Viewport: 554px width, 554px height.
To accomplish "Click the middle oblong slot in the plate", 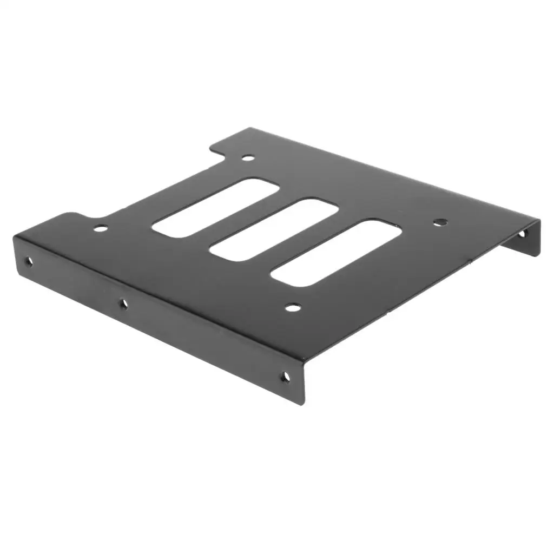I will coord(274,230).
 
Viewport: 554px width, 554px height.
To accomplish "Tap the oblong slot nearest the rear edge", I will coord(215,207).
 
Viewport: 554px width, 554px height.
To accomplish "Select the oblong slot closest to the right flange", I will coord(336,253).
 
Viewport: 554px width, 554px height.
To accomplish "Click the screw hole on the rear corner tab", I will coord(248,158).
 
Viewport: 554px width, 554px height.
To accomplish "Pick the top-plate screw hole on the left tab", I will coord(101,228).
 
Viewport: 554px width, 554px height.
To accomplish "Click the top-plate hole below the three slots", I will coord(293,308).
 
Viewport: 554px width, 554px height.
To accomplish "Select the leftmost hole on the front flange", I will coord(29,261).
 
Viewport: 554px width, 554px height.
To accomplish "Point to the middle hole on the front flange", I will coord(123,304).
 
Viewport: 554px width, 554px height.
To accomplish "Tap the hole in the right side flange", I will coord(522,234).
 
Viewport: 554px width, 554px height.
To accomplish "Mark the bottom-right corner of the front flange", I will coord(303,403).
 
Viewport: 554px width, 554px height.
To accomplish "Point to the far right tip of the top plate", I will coord(539,220).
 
